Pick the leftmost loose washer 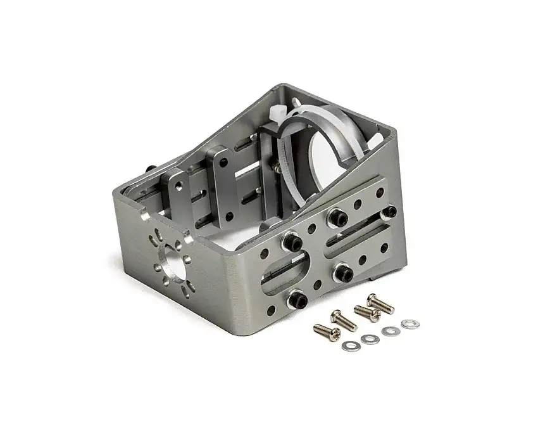[349, 345]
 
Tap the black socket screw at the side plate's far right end [391, 210]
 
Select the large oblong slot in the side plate [284, 271]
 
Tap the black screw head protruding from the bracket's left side [153, 169]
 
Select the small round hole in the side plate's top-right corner [380, 191]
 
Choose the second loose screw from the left [344, 318]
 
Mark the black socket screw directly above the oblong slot [292, 241]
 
